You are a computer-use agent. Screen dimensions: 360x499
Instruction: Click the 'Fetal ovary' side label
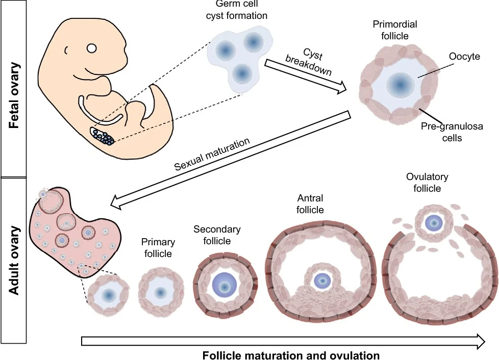point(14,95)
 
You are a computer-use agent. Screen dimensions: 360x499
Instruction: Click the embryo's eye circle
point(91,49)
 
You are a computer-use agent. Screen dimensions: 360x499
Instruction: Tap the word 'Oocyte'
point(465,57)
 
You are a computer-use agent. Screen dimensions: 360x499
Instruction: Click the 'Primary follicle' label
point(158,247)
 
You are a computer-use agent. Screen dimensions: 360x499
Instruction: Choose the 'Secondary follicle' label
point(217,235)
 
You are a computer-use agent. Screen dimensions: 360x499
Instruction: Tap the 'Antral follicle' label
point(310,203)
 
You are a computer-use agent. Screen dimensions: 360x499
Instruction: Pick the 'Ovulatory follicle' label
point(427,183)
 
